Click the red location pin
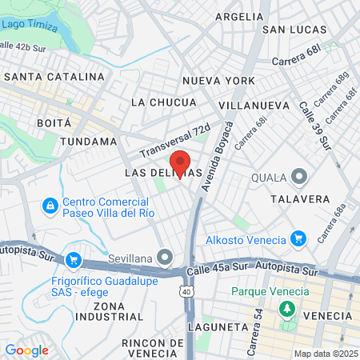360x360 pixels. tap(180, 162)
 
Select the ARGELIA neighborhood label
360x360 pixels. tap(238, 16)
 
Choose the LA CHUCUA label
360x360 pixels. tap(163, 102)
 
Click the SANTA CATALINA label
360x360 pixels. tap(54, 77)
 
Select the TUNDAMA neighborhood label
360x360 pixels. tap(88, 142)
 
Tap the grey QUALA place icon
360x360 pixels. tap(299, 176)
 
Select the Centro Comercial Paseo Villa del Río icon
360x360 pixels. tap(50, 206)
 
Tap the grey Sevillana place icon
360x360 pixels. tap(166, 257)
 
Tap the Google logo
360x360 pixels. tap(26, 350)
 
